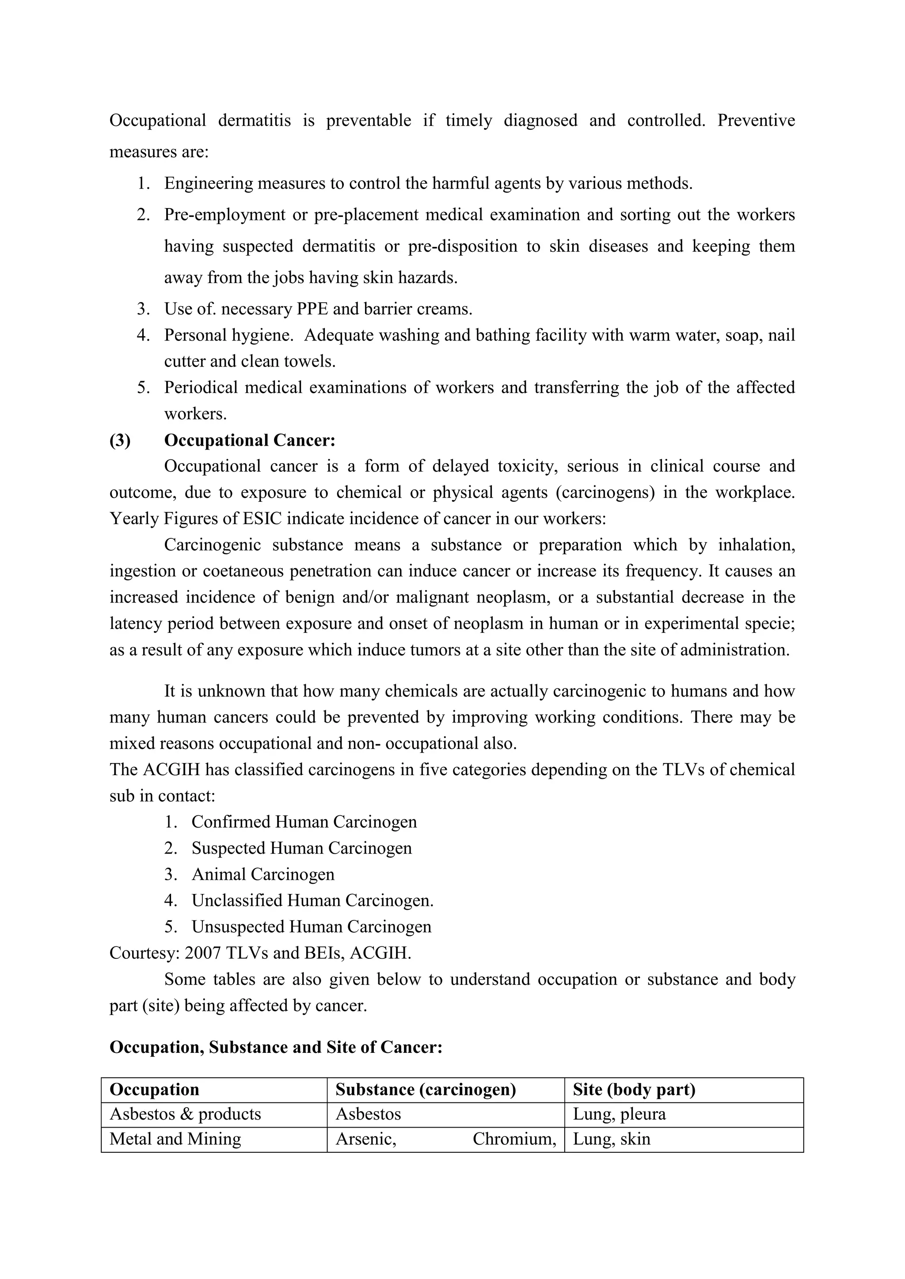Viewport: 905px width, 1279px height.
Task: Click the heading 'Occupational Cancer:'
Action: point(250,441)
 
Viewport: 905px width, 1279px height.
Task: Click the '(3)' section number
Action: point(120,441)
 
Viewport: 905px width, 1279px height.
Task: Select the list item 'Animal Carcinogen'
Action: point(263,874)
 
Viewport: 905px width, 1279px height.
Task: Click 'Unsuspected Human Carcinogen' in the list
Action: point(312,927)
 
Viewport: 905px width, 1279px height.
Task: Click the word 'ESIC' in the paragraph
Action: point(262,518)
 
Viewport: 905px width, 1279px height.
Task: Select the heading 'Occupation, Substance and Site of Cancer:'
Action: point(276,1048)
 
